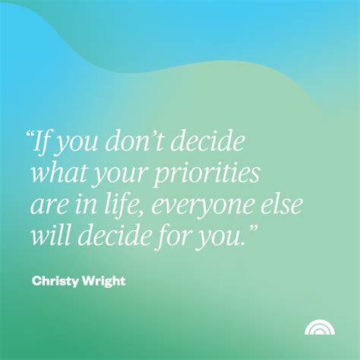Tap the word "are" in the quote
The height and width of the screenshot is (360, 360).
point(47,207)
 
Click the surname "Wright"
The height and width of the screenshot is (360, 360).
point(103,282)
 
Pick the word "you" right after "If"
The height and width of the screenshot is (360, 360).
point(77,145)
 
